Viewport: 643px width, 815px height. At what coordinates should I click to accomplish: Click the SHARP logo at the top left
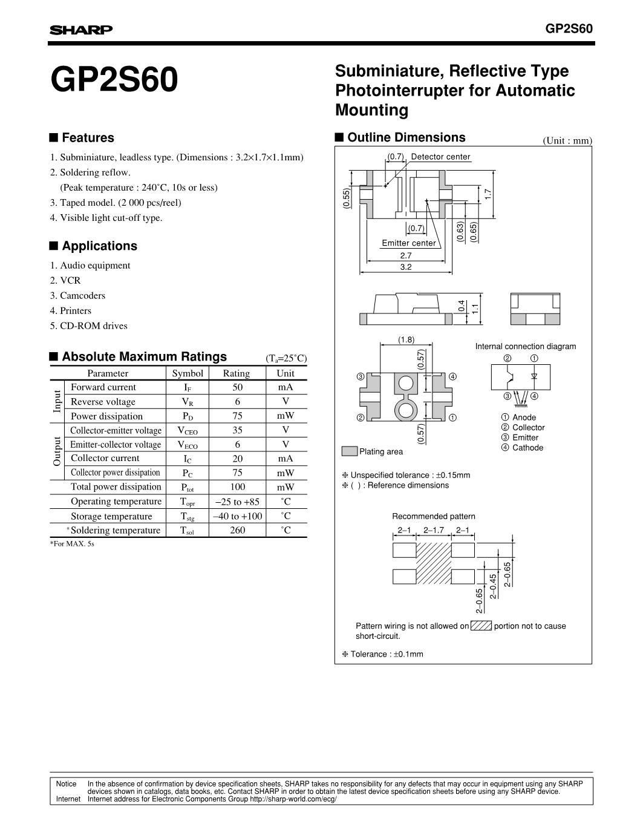[x=80, y=30]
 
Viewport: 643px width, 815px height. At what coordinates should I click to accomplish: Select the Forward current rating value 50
[x=237, y=387]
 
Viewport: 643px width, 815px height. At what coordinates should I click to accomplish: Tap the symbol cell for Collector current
[x=188, y=459]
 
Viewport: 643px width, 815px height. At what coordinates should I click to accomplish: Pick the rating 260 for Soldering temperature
[x=237, y=530]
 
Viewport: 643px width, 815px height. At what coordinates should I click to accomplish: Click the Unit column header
[x=286, y=373]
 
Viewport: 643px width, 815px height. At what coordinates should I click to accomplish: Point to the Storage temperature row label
[x=111, y=516]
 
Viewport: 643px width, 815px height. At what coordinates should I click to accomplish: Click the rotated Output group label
[x=57, y=451]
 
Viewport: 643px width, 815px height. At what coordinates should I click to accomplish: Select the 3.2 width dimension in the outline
[x=405, y=267]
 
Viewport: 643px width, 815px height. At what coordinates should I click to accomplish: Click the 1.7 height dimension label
[x=488, y=194]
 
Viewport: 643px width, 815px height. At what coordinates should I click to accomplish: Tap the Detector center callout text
[x=440, y=157]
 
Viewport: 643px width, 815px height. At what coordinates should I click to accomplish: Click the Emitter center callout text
[x=409, y=243]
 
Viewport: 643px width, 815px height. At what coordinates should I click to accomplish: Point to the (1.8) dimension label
[x=406, y=340]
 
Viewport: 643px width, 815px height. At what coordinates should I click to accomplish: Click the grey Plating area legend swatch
[x=349, y=451]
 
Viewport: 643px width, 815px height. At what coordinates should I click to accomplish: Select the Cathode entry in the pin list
[x=527, y=448]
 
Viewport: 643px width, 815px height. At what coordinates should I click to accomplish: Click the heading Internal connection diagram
[x=525, y=347]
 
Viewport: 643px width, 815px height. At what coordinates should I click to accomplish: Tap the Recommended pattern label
[x=433, y=516]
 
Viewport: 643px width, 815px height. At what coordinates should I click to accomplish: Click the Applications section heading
[x=99, y=246]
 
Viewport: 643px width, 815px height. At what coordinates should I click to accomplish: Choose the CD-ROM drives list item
[x=93, y=326]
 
